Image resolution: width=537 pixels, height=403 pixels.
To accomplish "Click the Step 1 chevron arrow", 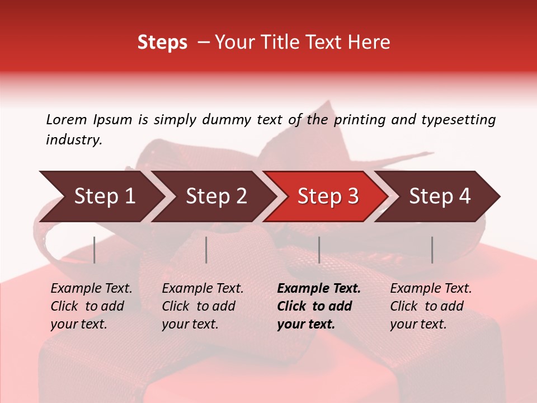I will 101,196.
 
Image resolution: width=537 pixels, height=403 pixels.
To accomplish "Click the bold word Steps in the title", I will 162,43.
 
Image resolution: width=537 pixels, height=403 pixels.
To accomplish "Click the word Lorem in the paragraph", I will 67,119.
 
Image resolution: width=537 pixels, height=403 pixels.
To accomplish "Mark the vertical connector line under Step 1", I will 95,250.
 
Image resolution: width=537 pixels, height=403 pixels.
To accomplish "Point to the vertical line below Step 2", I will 206,250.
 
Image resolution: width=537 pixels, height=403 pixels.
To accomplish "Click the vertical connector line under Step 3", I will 319,250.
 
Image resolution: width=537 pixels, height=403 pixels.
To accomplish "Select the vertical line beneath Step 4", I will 432,250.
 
